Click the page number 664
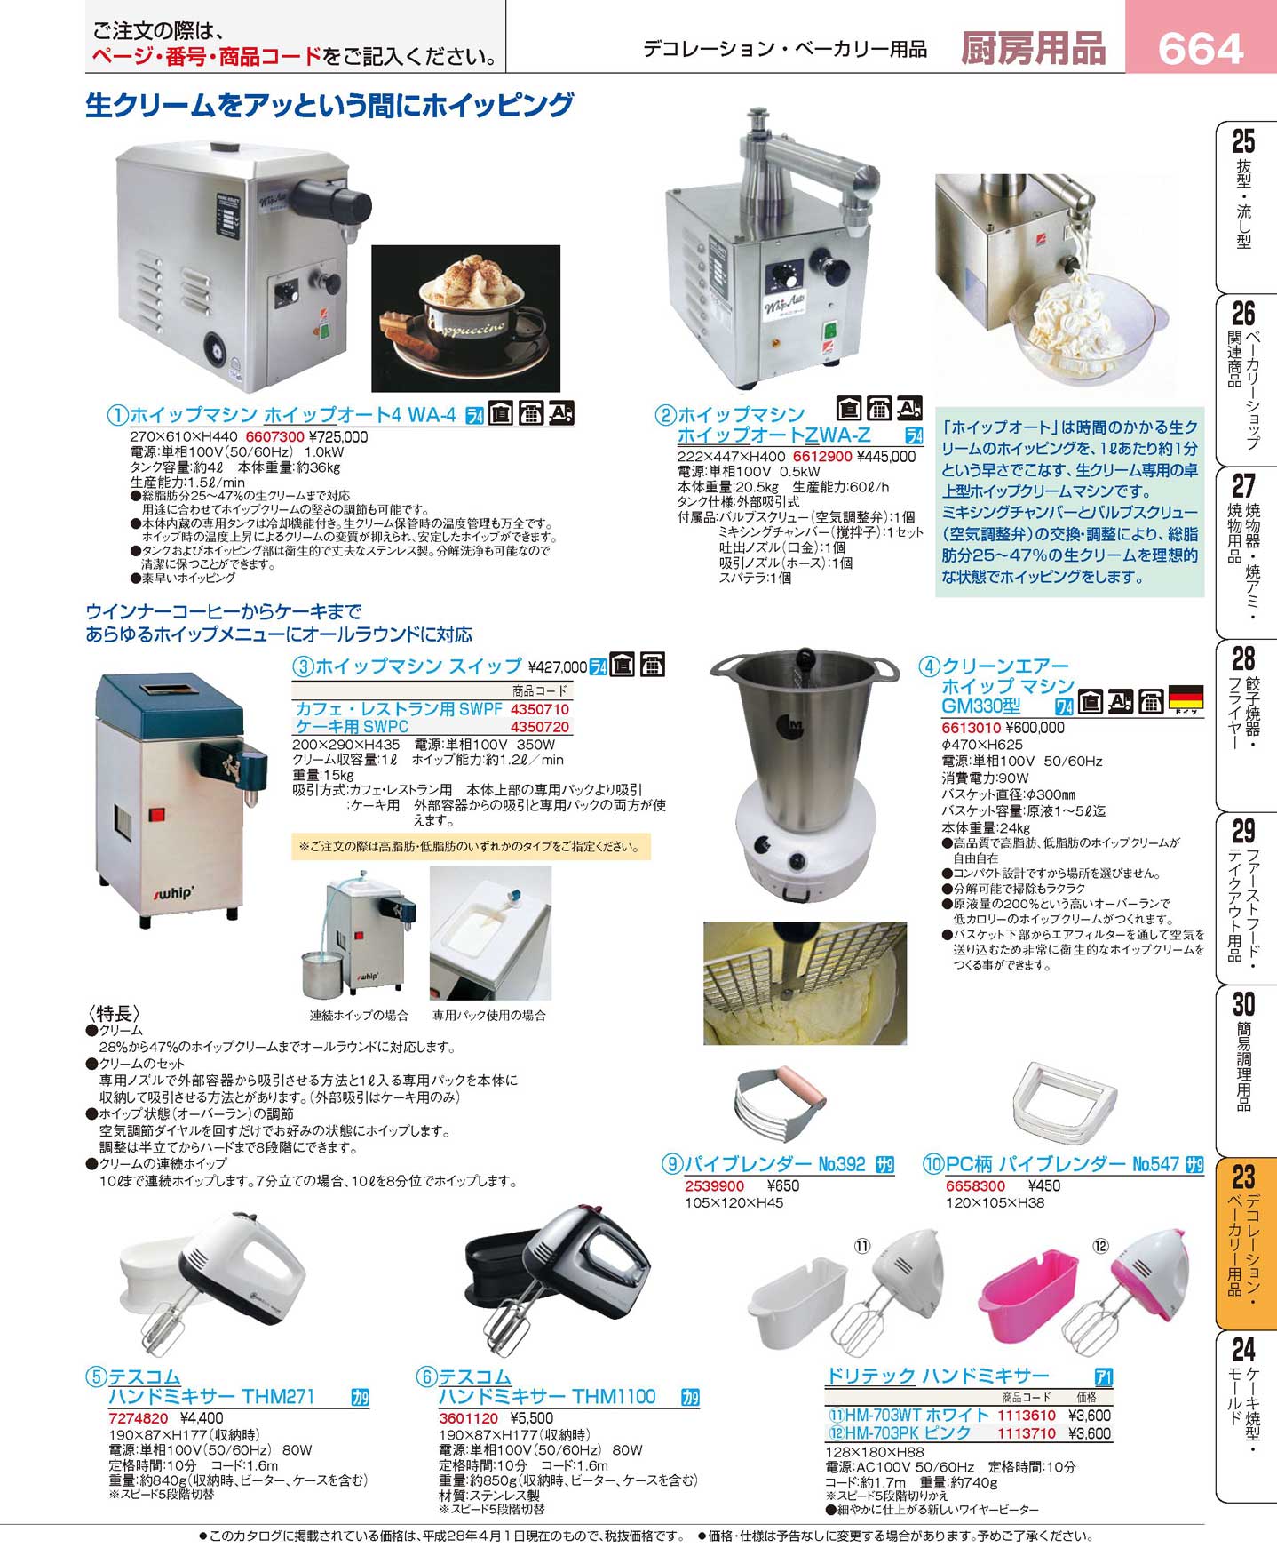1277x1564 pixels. pyautogui.click(x=1200, y=48)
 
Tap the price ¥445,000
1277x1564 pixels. pyautogui.click(x=886, y=457)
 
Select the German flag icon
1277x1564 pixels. pyautogui.click(x=1186, y=698)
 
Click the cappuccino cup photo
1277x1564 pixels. pyautogui.click(x=465, y=318)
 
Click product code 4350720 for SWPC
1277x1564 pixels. pyautogui.click(x=540, y=727)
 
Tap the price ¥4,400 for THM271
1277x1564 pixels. pyautogui.click(x=202, y=1418)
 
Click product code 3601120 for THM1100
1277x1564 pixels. pyautogui.click(x=468, y=1418)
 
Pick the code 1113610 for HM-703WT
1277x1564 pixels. pyautogui.click(x=1027, y=1416)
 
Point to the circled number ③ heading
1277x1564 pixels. pyautogui.click(x=303, y=666)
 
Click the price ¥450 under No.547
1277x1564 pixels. pyautogui.click(x=1044, y=1185)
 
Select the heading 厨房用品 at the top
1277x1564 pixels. pyautogui.click(x=1033, y=48)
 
